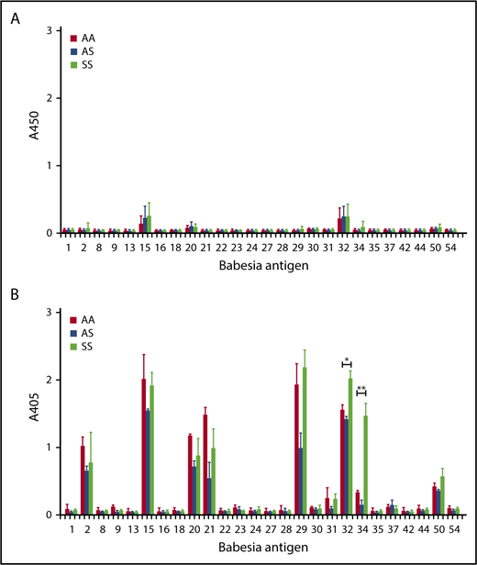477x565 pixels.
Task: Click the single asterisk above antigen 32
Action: point(347,360)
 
